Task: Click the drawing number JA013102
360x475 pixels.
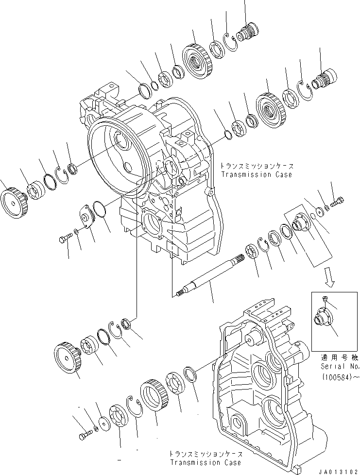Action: tap(337, 470)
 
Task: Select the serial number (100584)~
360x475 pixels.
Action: tap(337, 376)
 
